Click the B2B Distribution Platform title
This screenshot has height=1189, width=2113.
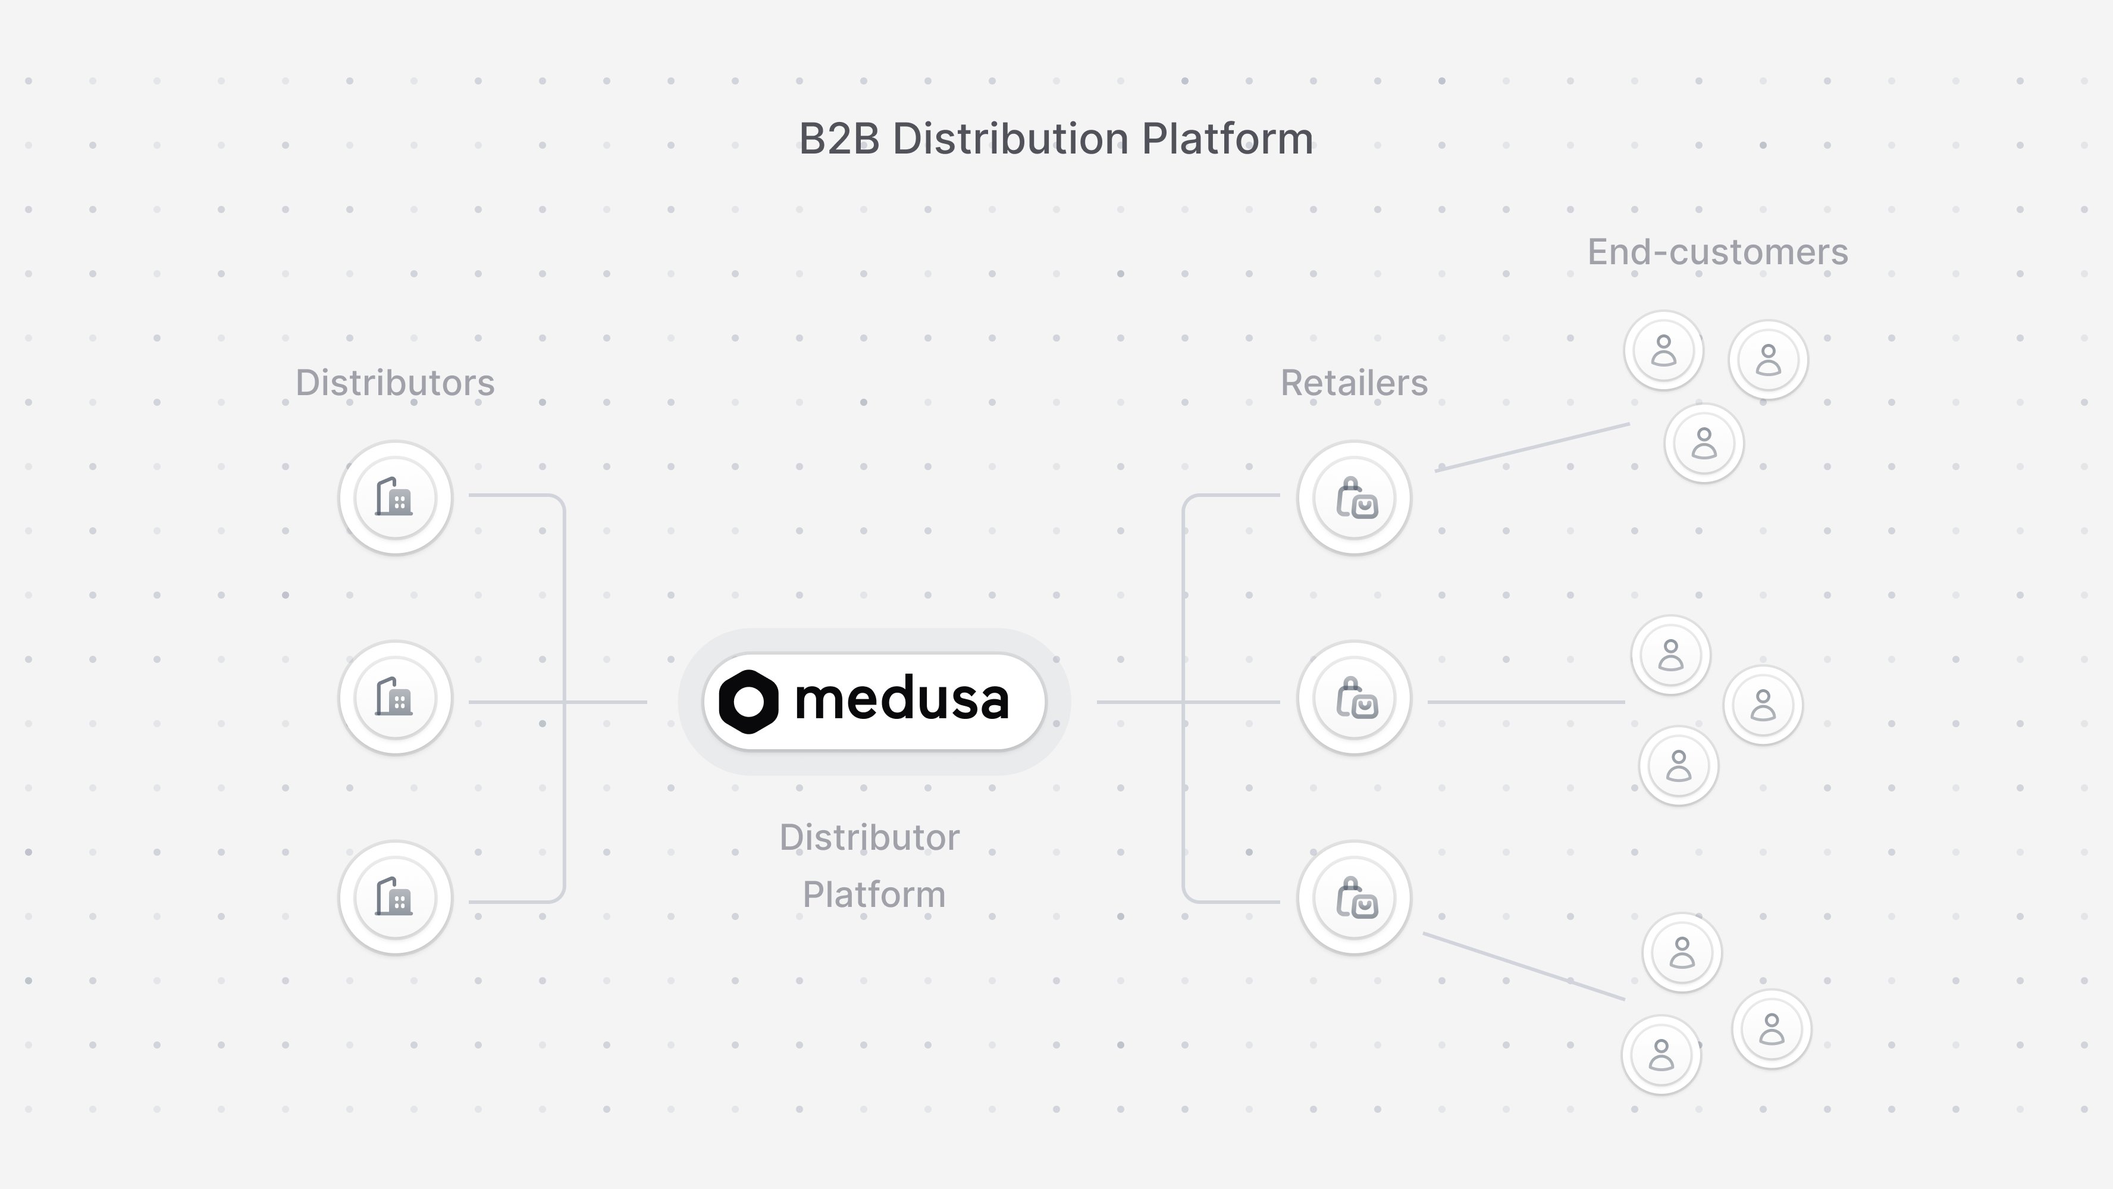pyautogui.click(x=1056, y=139)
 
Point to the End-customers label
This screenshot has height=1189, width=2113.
pyautogui.click(x=1717, y=252)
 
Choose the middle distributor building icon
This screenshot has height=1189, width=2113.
pyautogui.click(x=394, y=697)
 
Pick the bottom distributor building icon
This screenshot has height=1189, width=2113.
pyautogui.click(x=394, y=897)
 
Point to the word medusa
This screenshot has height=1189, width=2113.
pyautogui.click(x=901, y=700)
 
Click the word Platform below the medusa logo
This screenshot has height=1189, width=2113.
pyautogui.click(x=874, y=894)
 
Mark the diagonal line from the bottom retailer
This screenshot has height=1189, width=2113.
pyautogui.click(x=1524, y=966)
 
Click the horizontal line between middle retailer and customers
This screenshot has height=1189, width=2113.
pyautogui.click(x=1526, y=702)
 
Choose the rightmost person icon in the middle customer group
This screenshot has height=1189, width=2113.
pyautogui.click(x=1763, y=705)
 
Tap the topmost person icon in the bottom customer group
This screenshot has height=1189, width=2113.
pyautogui.click(x=1682, y=952)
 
